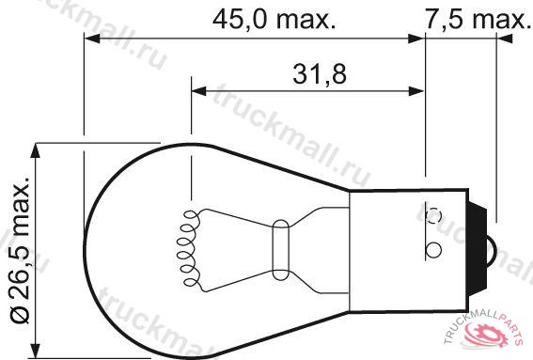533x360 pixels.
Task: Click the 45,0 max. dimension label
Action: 274,20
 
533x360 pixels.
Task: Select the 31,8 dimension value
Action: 320,74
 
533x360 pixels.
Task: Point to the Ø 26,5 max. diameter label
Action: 20,250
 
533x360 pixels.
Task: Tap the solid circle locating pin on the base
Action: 433,250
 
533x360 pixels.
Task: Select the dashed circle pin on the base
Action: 433,216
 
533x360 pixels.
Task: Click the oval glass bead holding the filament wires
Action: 281,250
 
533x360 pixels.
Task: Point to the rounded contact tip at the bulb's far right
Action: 492,251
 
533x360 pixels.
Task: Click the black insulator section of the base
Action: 478,250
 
